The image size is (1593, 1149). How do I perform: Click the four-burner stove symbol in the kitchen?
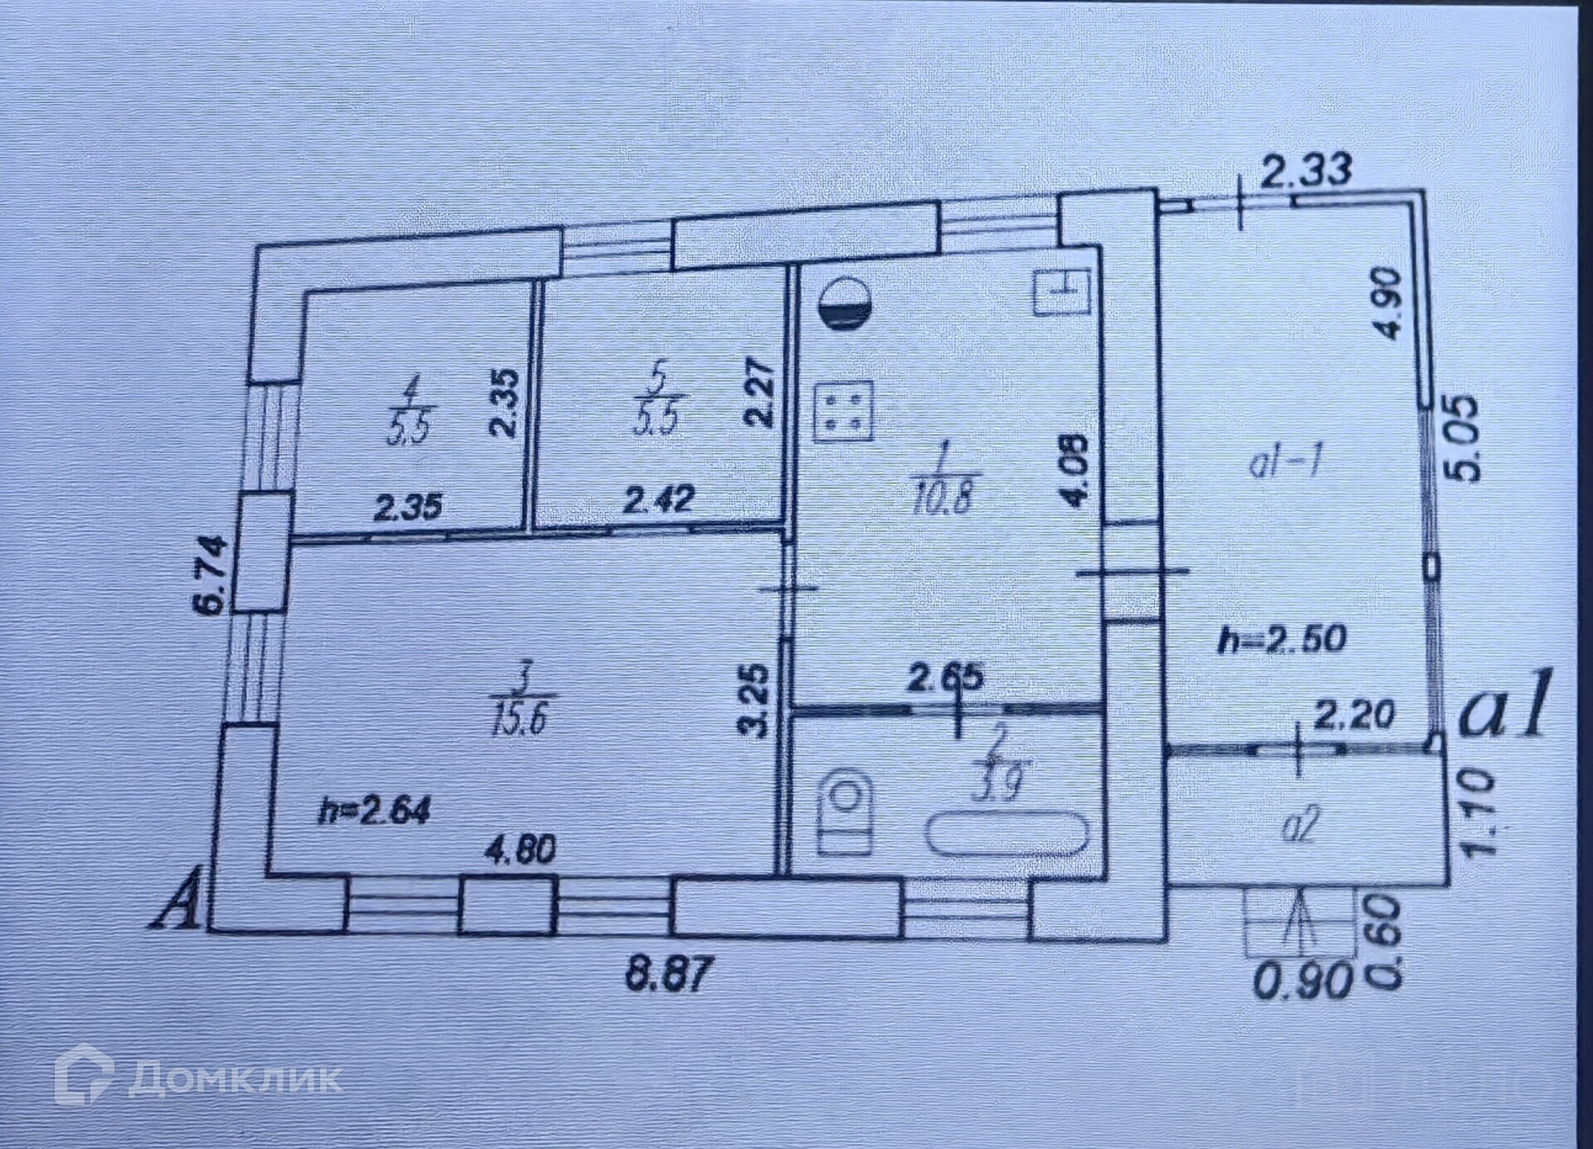tap(844, 412)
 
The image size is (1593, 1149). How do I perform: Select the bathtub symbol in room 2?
tap(1007, 834)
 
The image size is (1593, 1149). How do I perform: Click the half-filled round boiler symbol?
tap(844, 303)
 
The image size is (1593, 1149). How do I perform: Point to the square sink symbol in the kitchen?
tap(1062, 291)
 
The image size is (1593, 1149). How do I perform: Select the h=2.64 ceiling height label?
tap(374, 811)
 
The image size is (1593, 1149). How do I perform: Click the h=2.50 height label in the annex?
tap(1281, 640)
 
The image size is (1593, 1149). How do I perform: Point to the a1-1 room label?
tap(1284, 465)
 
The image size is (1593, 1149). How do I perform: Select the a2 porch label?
tap(1299, 826)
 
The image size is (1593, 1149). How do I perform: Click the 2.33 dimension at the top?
tap(1306, 172)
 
